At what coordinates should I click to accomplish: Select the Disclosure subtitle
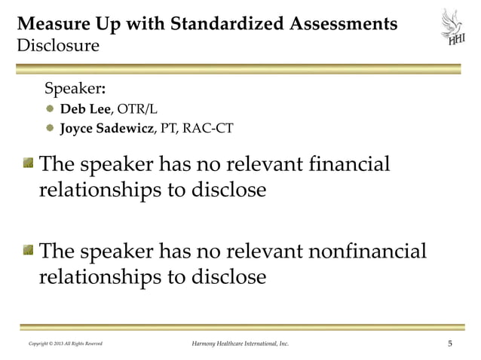tap(52, 46)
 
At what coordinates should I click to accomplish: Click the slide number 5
tap(450, 344)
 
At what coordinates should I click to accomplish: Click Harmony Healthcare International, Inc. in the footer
tap(240, 345)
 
